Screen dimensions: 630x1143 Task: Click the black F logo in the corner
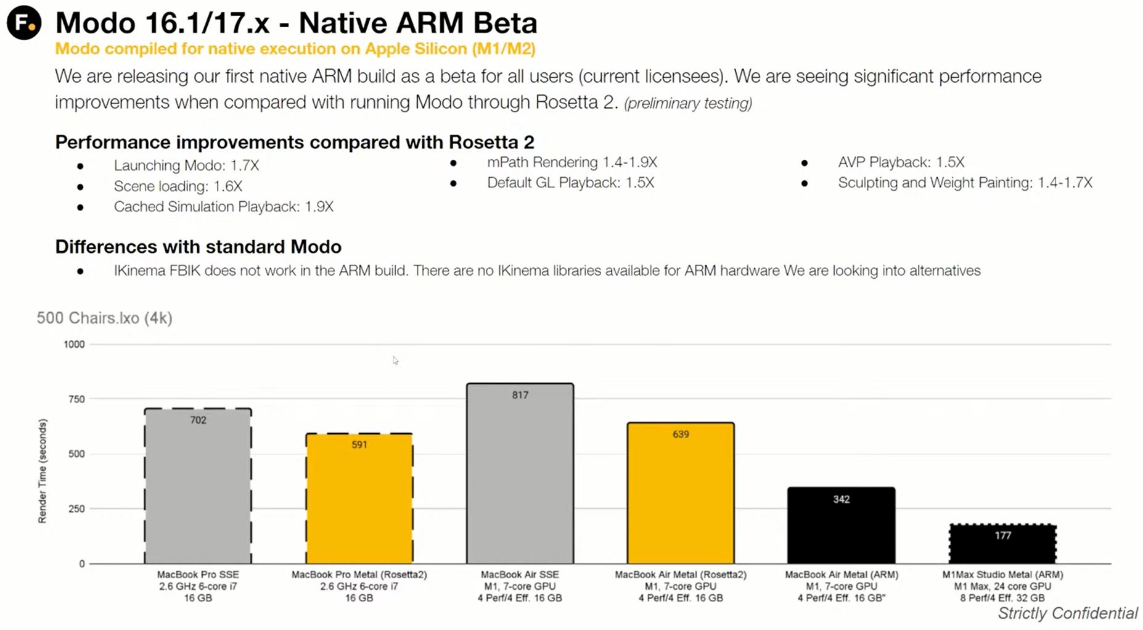click(x=24, y=23)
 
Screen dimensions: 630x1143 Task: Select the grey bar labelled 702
click(x=198, y=487)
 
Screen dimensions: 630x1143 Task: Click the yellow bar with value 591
click(x=359, y=500)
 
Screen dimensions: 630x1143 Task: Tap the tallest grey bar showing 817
click(x=520, y=475)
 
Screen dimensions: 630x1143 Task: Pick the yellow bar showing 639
click(x=681, y=494)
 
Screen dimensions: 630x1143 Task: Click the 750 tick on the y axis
click(x=76, y=399)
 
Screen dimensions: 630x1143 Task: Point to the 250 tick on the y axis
click(x=76, y=509)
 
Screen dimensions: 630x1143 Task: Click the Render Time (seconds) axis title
click(x=43, y=471)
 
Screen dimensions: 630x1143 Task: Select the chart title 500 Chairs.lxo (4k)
click(x=104, y=318)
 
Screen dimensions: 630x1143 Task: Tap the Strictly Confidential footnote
click(x=1068, y=613)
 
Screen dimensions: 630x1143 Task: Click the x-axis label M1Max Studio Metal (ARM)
click(x=1002, y=574)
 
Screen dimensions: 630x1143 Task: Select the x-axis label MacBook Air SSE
click(x=520, y=574)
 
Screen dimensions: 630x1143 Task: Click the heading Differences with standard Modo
click(x=198, y=247)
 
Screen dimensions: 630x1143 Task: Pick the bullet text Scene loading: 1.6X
click(x=178, y=186)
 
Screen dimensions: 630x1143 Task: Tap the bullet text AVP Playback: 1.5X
click(x=901, y=162)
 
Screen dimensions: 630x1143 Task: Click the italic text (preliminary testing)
click(x=688, y=103)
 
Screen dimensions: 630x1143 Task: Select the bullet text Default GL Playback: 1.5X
click(x=570, y=183)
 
